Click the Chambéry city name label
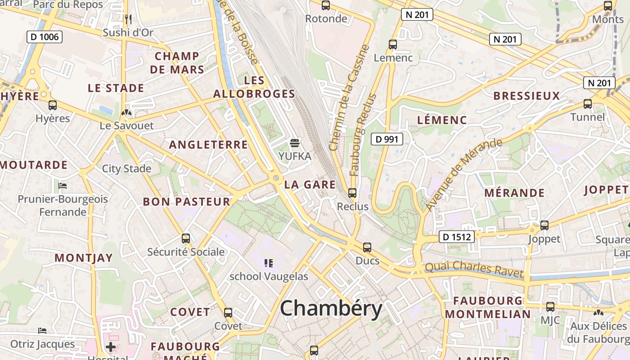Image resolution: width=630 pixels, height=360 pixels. tap(331, 309)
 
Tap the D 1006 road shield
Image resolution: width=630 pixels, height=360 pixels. tap(45, 37)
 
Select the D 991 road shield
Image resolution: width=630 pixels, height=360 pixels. tap(387, 139)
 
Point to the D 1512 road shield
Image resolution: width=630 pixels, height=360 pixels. tap(456, 237)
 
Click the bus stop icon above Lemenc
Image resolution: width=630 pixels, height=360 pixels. tap(393, 45)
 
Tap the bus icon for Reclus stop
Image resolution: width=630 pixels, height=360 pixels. tap(352, 193)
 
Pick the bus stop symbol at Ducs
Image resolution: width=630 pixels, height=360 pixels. tap(367, 247)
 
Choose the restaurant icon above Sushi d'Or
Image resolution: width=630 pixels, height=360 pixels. tap(128, 19)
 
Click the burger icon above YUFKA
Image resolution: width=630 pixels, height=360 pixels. tap(295, 143)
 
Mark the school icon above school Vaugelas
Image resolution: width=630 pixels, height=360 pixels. tap(269, 263)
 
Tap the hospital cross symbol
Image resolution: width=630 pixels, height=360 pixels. tap(111, 347)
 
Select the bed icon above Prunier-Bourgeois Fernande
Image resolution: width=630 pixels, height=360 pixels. tap(63, 185)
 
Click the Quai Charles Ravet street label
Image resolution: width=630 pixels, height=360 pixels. tap(474, 269)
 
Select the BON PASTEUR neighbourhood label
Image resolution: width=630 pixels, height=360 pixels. tap(187, 202)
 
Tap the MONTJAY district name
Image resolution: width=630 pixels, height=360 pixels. tap(84, 258)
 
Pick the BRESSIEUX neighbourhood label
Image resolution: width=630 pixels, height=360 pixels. tap(526, 96)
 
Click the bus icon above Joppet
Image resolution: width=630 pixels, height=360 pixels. tap(544, 225)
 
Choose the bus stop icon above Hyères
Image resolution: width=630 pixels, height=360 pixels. tap(53, 105)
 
